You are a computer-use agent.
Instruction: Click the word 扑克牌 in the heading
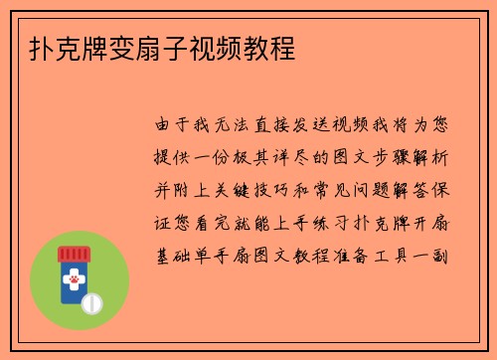62,47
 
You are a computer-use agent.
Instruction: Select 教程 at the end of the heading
271,47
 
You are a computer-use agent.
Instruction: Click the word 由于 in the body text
175,126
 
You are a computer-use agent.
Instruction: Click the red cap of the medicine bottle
75,255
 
